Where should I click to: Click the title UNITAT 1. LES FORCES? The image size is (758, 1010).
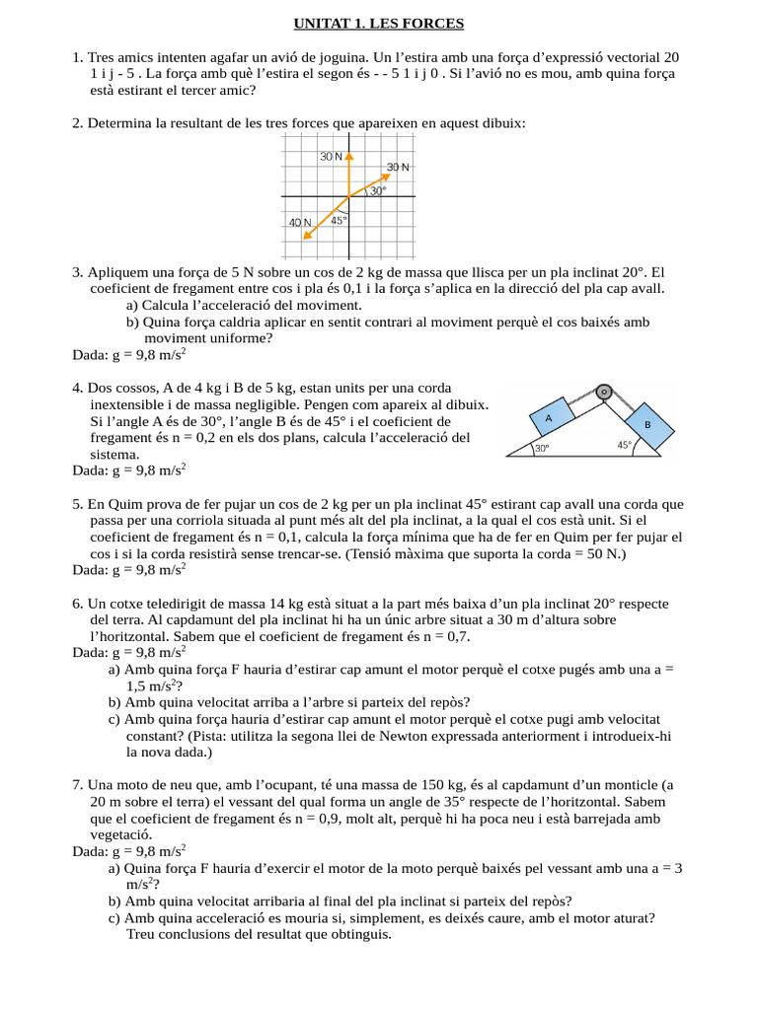[x=378, y=24]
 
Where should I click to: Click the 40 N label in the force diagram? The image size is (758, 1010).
[x=300, y=223]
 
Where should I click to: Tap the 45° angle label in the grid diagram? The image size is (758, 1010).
[x=340, y=221]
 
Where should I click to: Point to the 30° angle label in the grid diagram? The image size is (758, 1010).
[x=378, y=191]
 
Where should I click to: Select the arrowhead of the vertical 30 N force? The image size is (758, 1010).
[x=348, y=155]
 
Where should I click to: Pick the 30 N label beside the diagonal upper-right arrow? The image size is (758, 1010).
[x=398, y=168]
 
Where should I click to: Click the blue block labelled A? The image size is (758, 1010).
[x=549, y=418]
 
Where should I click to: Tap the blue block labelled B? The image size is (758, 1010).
[x=646, y=424]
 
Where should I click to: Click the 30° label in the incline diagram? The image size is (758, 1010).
[x=542, y=449]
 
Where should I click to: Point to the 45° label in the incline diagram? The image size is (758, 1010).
[x=624, y=445]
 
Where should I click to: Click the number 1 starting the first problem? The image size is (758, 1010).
[x=76, y=57]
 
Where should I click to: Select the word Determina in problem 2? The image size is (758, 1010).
[x=121, y=123]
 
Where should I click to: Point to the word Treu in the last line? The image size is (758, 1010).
[x=142, y=934]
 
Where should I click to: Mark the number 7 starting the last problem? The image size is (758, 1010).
[x=76, y=785]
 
